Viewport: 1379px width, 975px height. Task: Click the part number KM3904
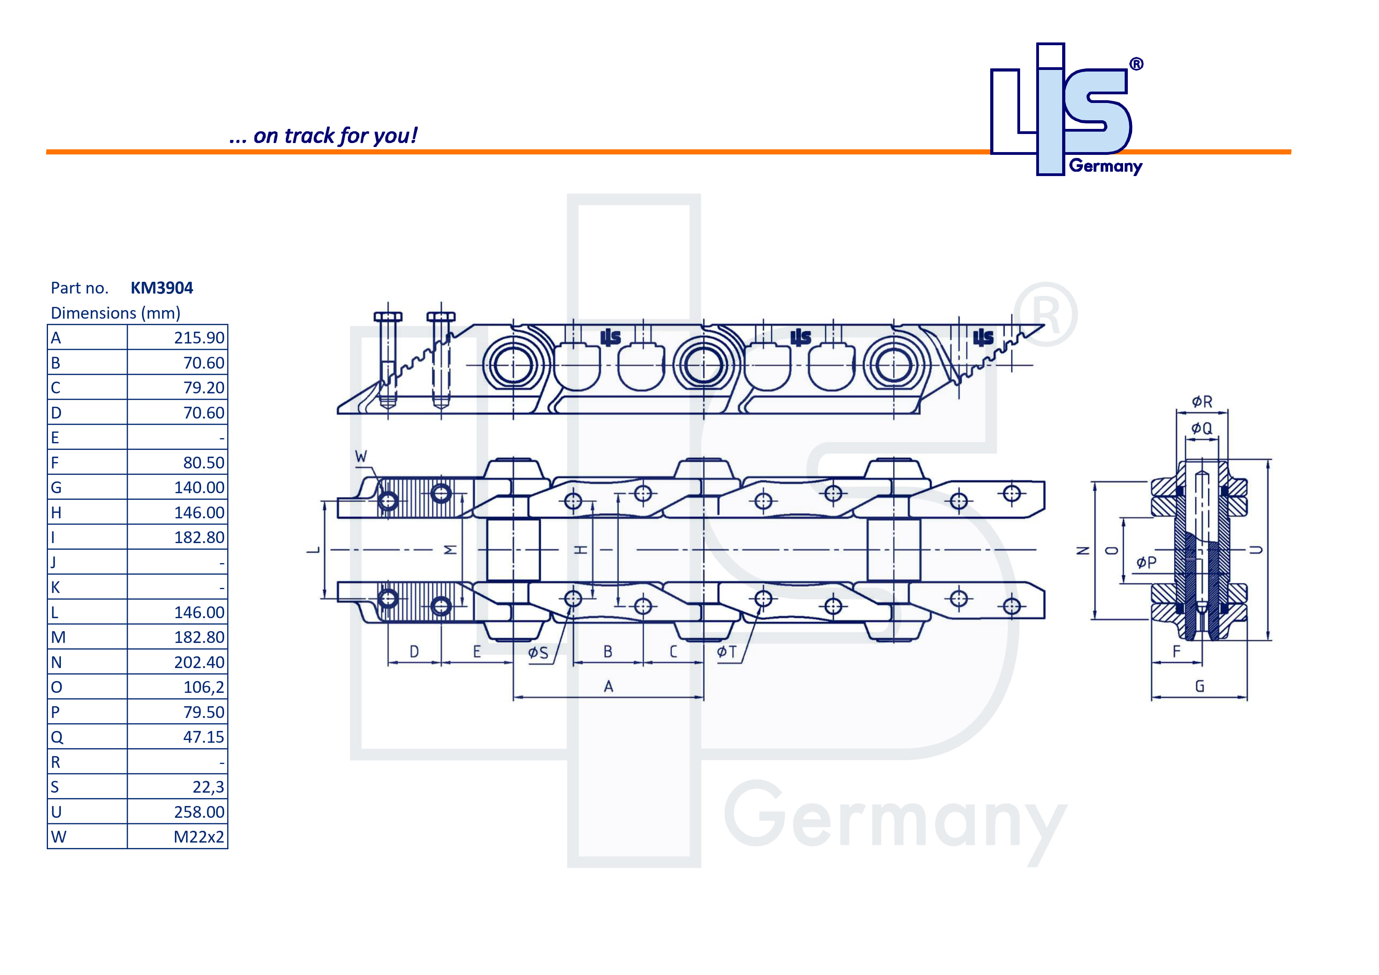click(x=162, y=288)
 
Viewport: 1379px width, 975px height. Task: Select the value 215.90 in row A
click(x=199, y=338)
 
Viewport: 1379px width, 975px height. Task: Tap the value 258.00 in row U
click(x=199, y=812)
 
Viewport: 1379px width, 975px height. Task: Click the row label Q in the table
click(x=57, y=737)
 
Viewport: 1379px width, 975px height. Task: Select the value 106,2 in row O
click(x=204, y=687)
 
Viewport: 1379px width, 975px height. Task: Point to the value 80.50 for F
click(x=204, y=463)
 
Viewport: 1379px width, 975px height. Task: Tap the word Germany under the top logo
click(x=1105, y=166)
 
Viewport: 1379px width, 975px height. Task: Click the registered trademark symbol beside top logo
click(x=1136, y=64)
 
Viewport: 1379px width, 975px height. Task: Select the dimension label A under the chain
click(x=609, y=686)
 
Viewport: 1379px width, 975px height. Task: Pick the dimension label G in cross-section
click(x=1199, y=686)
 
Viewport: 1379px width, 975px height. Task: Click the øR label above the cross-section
click(x=1202, y=402)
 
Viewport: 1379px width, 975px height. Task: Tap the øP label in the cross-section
click(x=1146, y=562)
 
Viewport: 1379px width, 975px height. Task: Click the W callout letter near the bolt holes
click(x=361, y=456)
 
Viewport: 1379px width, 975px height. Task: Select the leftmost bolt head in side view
click(x=388, y=316)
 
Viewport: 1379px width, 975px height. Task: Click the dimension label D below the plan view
click(x=414, y=652)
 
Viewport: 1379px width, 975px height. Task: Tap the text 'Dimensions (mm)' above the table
click(x=115, y=313)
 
